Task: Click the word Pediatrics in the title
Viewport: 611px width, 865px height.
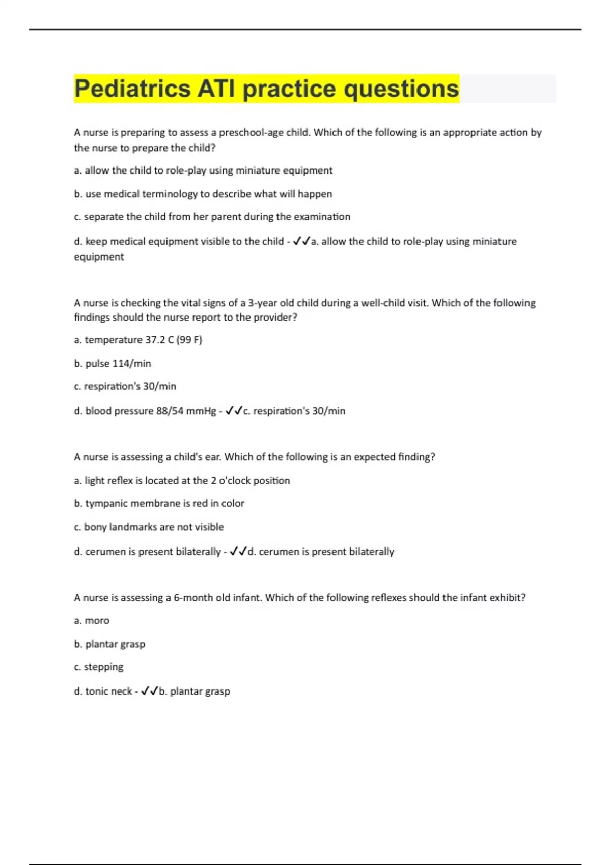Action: tap(132, 89)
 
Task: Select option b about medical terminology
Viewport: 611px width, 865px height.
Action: tap(203, 194)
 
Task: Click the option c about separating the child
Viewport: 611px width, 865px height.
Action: tap(212, 217)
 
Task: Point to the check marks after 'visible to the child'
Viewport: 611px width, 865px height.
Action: tap(301, 241)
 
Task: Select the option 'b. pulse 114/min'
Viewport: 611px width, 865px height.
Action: tap(113, 363)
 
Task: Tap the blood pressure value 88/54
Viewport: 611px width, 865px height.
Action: tap(170, 411)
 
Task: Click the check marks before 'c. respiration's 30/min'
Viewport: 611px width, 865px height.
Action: tap(234, 410)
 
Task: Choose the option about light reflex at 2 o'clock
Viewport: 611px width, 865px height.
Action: tap(182, 480)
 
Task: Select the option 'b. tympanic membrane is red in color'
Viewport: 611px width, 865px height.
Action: tap(159, 503)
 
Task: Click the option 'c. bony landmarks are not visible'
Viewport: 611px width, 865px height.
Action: tap(149, 527)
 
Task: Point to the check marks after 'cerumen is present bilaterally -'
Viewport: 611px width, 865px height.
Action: tap(238, 551)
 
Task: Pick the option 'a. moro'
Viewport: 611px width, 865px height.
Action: tap(92, 621)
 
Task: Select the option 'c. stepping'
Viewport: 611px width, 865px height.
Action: tap(99, 667)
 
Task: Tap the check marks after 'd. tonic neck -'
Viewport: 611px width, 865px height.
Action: tap(150, 691)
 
